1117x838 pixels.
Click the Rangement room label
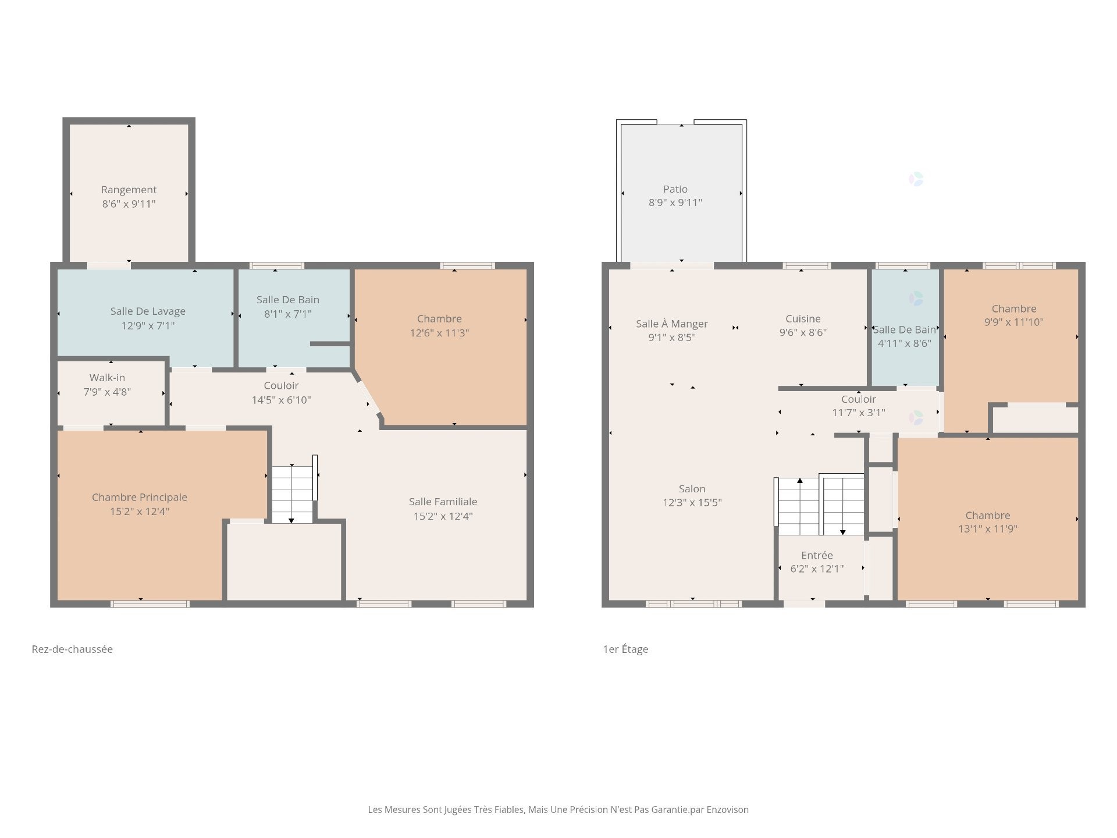point(129,190)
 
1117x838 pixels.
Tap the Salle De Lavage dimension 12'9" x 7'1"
point(148,326)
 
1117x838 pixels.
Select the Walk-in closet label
point(107,378)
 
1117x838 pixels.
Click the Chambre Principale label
point(140,497)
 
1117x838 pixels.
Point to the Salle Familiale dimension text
point(443,516)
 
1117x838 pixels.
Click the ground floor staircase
point(292,493)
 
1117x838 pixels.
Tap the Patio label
point(675,189)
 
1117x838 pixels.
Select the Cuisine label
point(803,319)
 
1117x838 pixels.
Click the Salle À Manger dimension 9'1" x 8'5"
point(672,338)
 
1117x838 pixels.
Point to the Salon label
point(692,489)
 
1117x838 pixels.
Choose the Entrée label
point(817,555)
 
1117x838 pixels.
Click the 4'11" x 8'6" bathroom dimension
point(904,343)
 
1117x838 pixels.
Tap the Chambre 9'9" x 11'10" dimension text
point(1013,322)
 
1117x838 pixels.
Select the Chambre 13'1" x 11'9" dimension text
point(987,529)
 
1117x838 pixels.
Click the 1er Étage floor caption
point(625,649)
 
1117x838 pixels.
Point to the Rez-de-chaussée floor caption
point(72,649)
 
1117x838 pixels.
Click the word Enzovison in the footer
point(727,809)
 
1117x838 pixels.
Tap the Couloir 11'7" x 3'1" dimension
point(858,413)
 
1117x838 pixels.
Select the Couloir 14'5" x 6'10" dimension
point(281,400)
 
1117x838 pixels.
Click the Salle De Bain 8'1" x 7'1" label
point(287,300)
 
